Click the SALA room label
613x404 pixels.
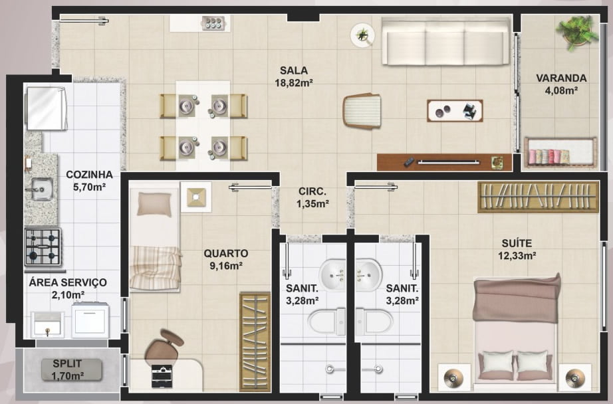tap(294, 70)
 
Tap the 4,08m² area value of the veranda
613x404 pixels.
tap(561, 90)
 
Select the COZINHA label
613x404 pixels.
tap(89, 174)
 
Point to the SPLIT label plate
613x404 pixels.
tap(72, 370)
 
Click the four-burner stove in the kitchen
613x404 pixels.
tap(43, 247)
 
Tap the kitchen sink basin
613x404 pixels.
tap(41, 189)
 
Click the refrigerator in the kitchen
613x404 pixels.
tap(46, 108)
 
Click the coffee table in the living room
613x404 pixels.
tap(455, 110)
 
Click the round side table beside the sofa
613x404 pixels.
tap(362, 35)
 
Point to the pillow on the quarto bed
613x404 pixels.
tap(154, 205)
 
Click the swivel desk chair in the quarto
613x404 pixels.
tap(164, 348)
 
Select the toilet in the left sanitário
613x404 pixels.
tap(327, 322)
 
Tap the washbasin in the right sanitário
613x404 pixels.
tap(368, 274)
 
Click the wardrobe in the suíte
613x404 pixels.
tap(538, 197)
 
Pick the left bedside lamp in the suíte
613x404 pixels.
tap(454, 378)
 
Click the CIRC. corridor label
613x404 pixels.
tap(312, 191)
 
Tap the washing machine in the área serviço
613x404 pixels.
tap(90, 320)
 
